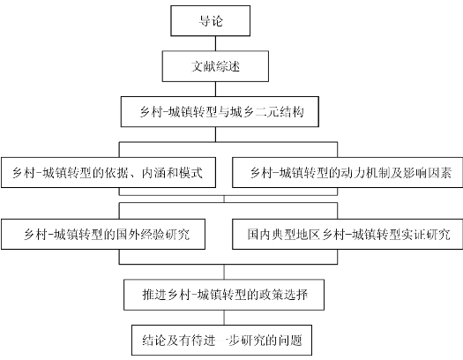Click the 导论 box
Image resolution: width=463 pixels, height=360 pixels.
click(x=210, y=20)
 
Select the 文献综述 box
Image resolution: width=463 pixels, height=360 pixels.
click(x=215, y=66)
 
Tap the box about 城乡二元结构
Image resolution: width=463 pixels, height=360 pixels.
click(x=220, y=112)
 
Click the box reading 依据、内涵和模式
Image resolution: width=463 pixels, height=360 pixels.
click(x=108, y=172)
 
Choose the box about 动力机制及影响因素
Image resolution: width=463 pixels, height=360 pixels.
click(x=347, y=172)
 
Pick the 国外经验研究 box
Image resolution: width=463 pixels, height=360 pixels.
click(x=103, y=234)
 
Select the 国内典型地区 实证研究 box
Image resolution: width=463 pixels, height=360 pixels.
click(x=347, y=234)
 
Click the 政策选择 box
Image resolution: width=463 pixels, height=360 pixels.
click(x=224, y=295)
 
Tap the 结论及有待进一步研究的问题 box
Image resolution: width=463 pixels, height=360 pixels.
click(x=221, y=341)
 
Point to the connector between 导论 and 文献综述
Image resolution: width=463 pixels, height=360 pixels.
click(x=215, y=43)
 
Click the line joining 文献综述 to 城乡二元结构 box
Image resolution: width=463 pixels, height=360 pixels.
click(x=215, y=89)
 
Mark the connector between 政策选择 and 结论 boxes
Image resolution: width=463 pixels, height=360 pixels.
click(x=224, y=318)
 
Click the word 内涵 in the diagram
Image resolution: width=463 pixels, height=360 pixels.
click(x=153, y=173)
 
